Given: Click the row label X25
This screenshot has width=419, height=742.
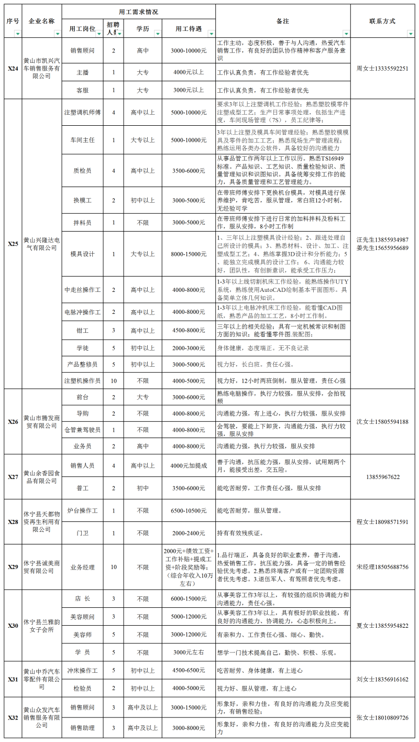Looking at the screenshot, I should coord(13,244).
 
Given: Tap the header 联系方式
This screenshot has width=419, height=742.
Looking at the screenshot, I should coord(382,21).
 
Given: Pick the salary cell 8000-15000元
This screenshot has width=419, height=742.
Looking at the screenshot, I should coord(189,254).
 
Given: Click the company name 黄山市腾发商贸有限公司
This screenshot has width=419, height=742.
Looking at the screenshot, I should coord(41,421).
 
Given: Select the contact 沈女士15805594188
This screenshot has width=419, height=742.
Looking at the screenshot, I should coord(382,421).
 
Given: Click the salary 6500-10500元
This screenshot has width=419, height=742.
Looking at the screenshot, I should coord(189,510).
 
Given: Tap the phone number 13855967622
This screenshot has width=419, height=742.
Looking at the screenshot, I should coord(382,477).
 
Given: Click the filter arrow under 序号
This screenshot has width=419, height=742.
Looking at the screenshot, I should coord(18,34).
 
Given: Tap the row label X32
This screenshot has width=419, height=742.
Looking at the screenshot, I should coord(13,717).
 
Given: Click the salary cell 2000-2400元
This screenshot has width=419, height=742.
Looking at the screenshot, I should coord(189,533).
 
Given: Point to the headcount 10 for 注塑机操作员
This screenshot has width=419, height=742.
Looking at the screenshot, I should coord(114,381).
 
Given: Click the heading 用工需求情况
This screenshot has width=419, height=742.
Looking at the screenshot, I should coord(138,12).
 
